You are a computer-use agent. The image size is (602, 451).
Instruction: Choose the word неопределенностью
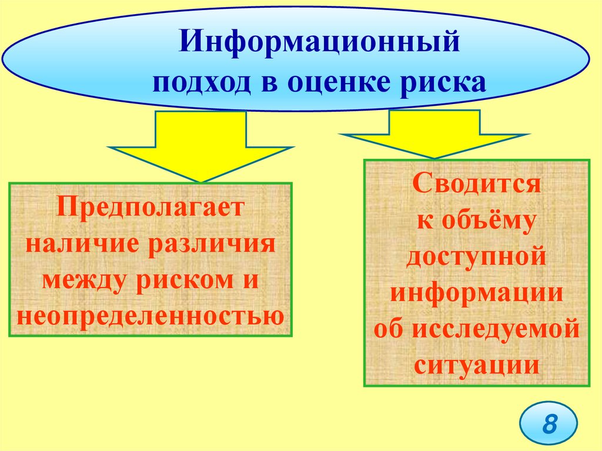pyautogui.click(x=150, y=316)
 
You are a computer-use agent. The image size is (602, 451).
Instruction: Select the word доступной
pyautogui.click(x=477, y=257)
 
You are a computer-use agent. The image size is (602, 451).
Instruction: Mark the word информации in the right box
pyautogui.click(x=477, y=293)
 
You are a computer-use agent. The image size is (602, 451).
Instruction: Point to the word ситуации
pyautogui.click(x=477, y=365)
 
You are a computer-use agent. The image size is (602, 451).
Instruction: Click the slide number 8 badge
pyautogui.click(x=549, y=424)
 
